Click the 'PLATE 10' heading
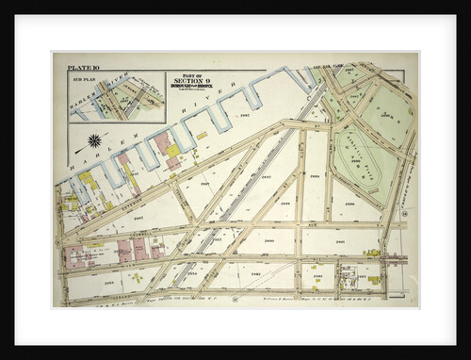pyautogui.click(x=84, y=69)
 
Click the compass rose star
pyautogui.click(x=94, y=142)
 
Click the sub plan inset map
pyautogui.click(x=116, y=98)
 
